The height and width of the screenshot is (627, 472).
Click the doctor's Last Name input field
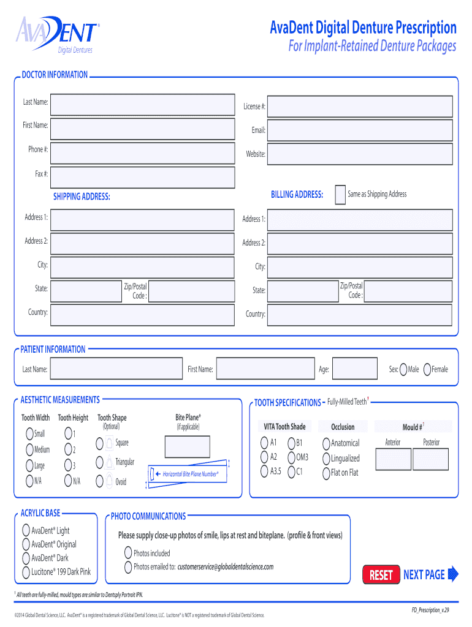(x=142, y=105)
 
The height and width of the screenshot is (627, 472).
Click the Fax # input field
(x=142, y=177)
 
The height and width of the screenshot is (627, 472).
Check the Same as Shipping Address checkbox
(x=340, y=195)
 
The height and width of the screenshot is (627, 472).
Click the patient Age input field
(x=355, y=369)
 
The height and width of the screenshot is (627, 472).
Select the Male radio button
(x=403, y=369)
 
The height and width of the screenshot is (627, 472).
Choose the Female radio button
(x=427, y=369)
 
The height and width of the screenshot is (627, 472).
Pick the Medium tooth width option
(x=29, y=449)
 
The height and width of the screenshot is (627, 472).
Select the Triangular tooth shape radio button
(x=100, y=462)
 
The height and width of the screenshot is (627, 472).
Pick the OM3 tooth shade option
(x=291, y=457)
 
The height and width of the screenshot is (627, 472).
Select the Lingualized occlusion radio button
(x=326, y=458)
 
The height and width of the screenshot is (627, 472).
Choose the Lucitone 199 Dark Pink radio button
(x=26, y=572)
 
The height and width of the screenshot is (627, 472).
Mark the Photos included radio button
(x=128, y=553)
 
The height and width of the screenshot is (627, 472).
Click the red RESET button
(x=381, y=574)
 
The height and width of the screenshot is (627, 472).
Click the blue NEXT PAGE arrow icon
(x=453, y=574)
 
